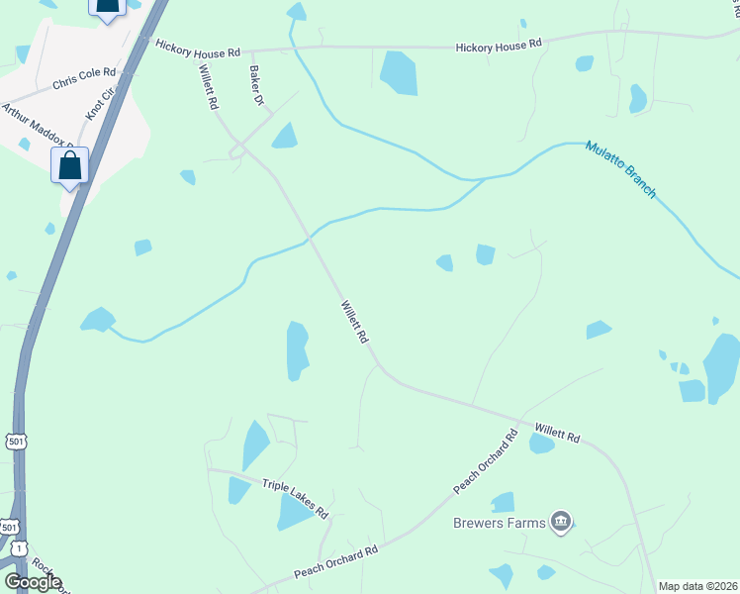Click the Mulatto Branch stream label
[x=620, y=168]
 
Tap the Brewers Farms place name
[x=500, y=523]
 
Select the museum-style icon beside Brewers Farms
[x=562, y=521]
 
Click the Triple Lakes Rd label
[x=295, y=497]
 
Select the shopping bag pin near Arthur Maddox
[x=70, y=165]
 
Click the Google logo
[x=33, y=582]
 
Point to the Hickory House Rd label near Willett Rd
[x=198, y=50]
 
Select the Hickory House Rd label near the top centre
[x=499, y=45]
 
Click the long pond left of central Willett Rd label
[x=297, y=350]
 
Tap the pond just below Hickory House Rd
[x=400, y=72]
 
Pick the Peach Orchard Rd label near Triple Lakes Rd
[x=336, y=563]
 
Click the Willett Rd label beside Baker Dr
[x=208, y=86]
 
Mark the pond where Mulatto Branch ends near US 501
[x=98, y=320]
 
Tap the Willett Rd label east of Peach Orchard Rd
[x=557, y=434]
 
